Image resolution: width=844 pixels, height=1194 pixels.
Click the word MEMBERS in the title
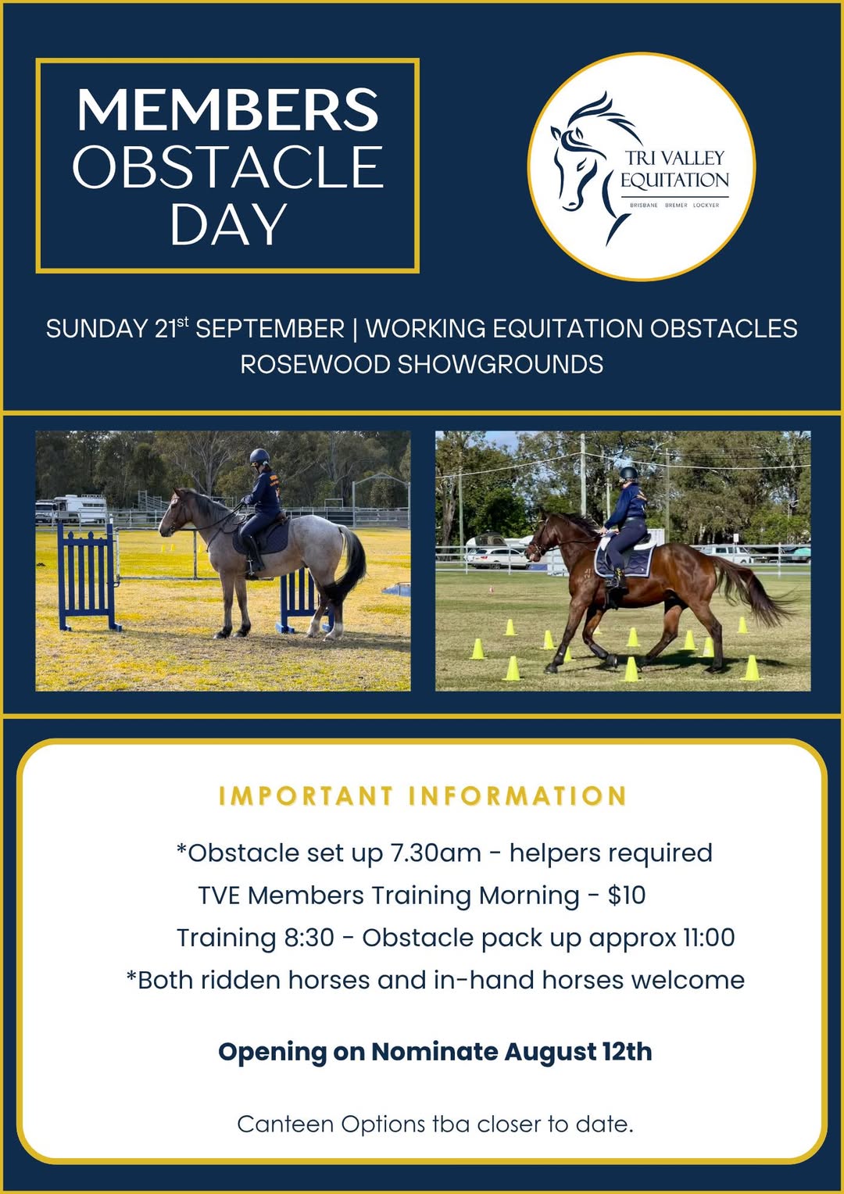tap(227, 109)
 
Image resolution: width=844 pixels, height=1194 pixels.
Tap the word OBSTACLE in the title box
tap(228, 166)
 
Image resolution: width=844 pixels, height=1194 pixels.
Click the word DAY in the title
tap(229, 223)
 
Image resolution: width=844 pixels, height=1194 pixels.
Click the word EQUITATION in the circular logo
tap(674, 181)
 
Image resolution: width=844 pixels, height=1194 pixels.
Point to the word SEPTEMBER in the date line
tap(270, 328)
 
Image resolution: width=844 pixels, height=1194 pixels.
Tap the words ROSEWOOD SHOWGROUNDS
tap(422, 365)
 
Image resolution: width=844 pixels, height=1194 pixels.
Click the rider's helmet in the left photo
tap(259, 456)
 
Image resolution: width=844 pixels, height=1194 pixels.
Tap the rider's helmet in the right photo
tap(629, 473)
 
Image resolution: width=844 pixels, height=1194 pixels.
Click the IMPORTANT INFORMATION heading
tap(422, 795)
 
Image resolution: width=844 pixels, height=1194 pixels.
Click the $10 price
tap(627, 895)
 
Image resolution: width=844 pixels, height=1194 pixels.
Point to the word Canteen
tap(285, 1124)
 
